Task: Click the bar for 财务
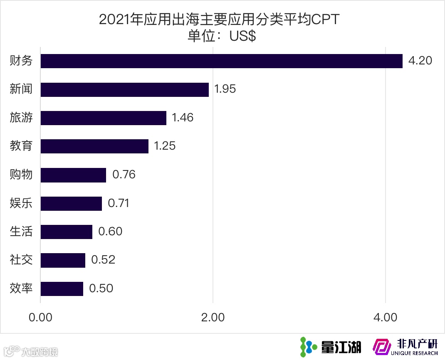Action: (221, 61)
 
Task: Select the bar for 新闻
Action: (125, 89)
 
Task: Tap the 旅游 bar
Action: (104, 118)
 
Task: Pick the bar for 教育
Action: (94, 146)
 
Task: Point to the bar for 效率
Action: (62, 288)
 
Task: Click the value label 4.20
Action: (420, 61)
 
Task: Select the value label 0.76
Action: (124, 175)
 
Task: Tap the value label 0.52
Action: (103, 260)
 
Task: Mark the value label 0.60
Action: (110, 232)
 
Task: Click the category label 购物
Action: (21, 175)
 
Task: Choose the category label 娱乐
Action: (21, 203)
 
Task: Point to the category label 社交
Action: (21, 260)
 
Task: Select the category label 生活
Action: (21, 232)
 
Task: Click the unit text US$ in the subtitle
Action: (242, 36)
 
